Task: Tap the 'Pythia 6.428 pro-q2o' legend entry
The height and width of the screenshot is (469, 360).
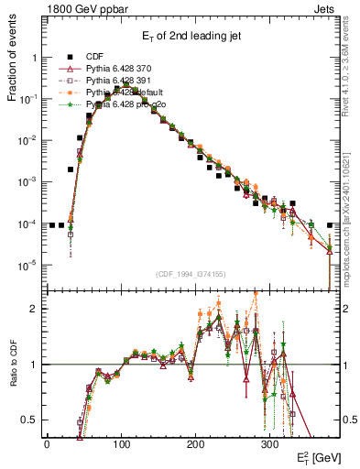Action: (122, 104)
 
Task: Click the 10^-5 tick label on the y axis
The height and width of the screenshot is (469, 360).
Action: (28, 266)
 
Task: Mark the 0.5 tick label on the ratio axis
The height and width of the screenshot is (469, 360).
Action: (29, 420)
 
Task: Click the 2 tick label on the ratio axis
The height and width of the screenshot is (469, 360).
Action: (35, 309)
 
